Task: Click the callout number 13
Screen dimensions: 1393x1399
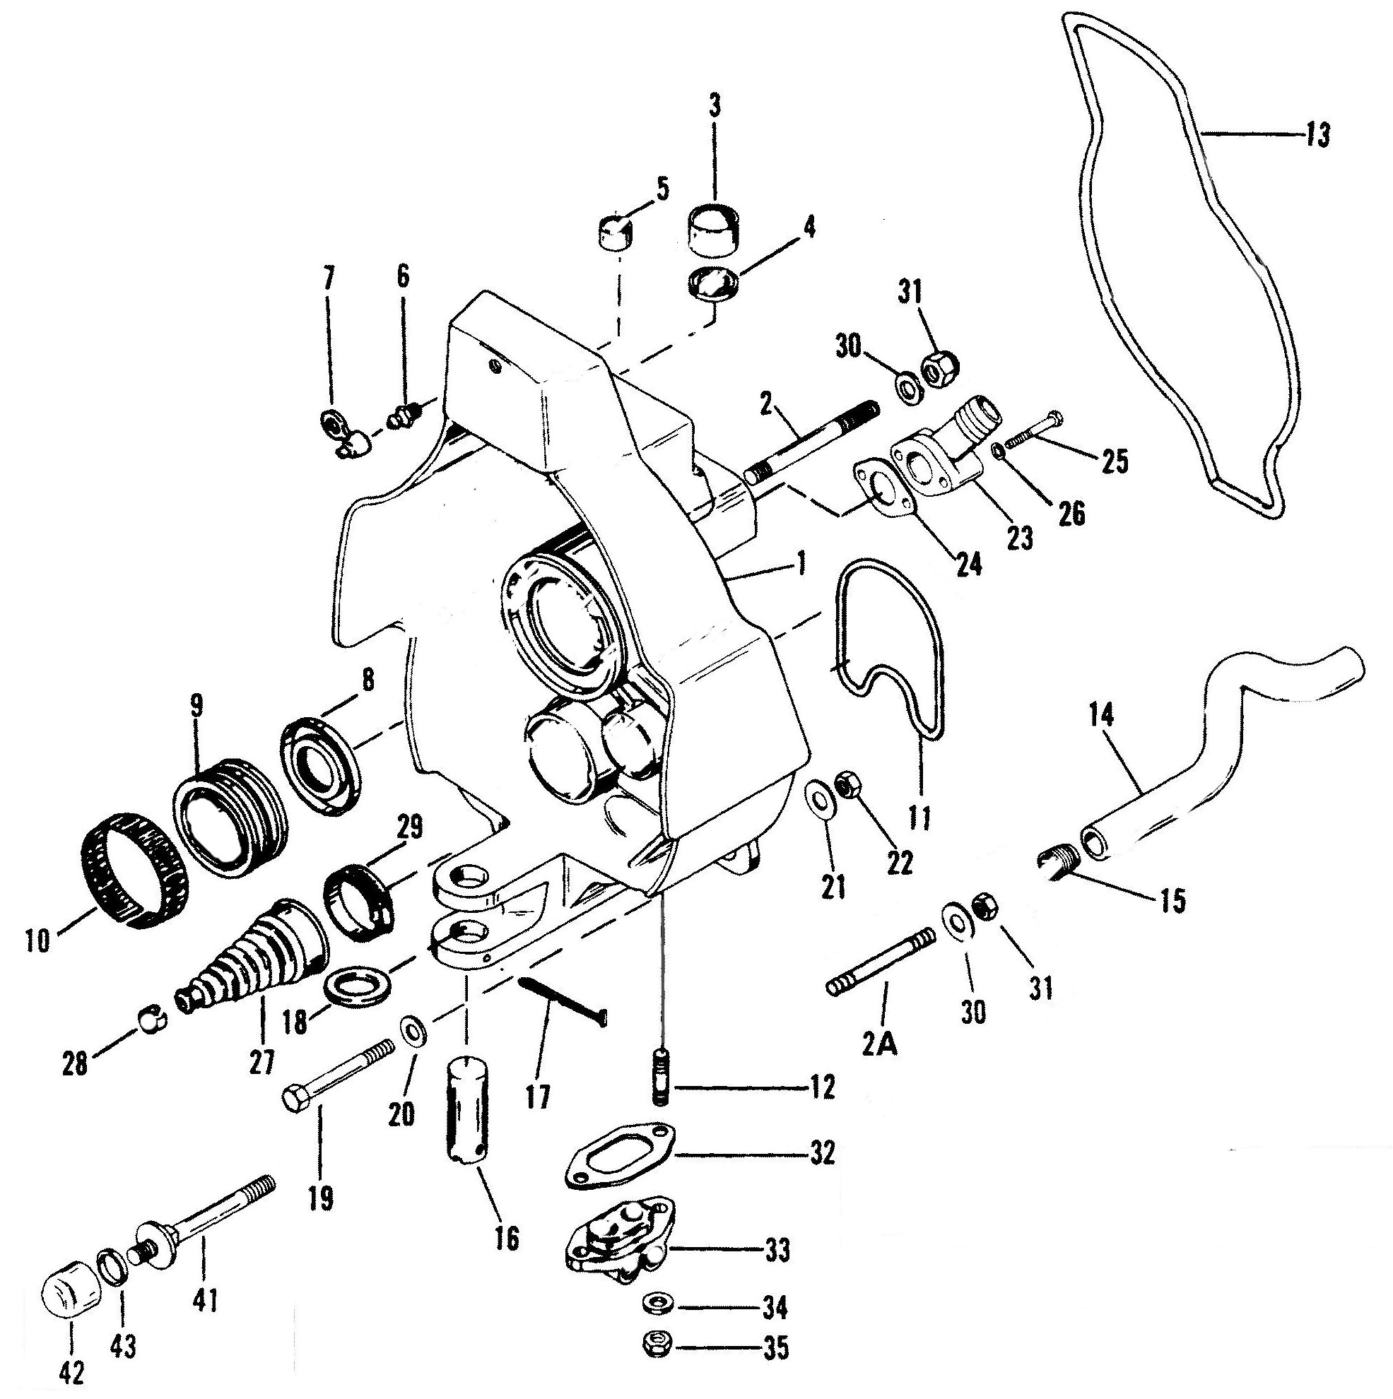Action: point(1317,135)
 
